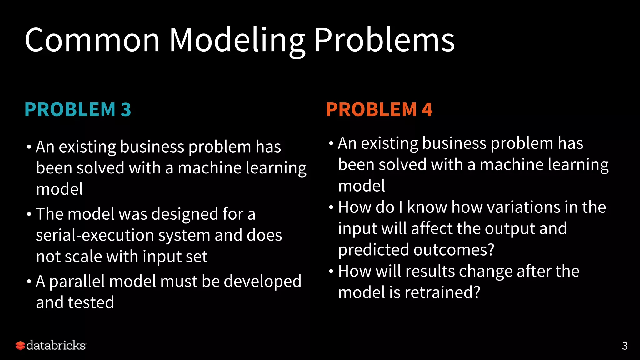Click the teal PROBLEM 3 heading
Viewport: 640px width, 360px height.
coord(78,109)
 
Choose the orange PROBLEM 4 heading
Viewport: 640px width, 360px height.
coord(379,109)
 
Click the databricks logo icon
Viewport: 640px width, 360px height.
coord(20,346)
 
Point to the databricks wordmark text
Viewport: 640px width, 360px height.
coord(56,346)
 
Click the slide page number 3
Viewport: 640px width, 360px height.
coord(625,346)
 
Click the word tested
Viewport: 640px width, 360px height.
coord(91,302)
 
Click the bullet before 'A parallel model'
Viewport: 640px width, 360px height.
coord(29,282)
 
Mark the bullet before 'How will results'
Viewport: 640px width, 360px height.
coord(331,271)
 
